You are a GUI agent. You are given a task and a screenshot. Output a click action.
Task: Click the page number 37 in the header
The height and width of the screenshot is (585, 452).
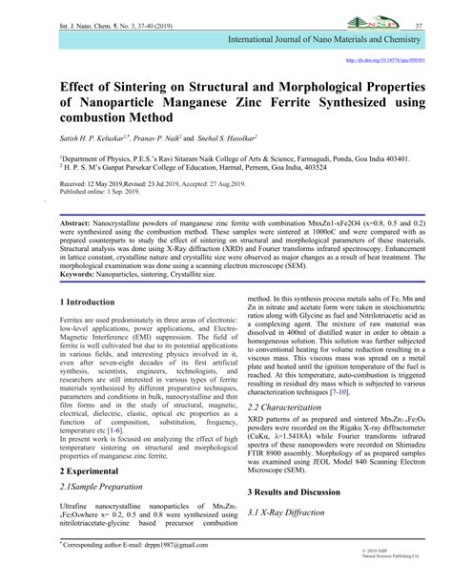[421, 10]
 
